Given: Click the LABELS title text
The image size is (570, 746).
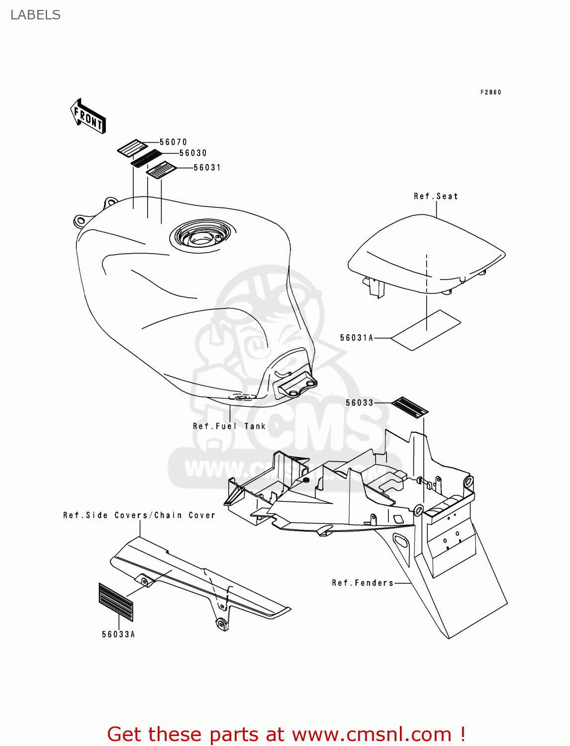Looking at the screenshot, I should point(35,15).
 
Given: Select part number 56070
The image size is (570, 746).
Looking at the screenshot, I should point(173,142).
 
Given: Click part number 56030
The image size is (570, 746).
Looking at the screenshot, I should point(193,153).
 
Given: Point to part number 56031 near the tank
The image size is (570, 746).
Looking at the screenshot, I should point(207,168).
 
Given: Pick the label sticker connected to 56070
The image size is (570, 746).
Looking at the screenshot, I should point(132,148).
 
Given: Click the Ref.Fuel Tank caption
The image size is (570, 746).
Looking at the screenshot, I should point(229,426).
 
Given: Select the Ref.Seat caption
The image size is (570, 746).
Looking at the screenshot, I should point(436,196).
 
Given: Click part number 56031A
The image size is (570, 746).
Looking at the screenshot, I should point(356,338).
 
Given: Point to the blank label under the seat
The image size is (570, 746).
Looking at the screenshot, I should point(426,330).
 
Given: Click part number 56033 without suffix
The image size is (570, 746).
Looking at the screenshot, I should point(359,403).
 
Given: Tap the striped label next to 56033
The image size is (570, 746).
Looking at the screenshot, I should point(410,407).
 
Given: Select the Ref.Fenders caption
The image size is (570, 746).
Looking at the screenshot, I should point(363,583).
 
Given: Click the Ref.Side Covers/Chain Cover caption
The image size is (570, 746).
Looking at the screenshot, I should point(139,515).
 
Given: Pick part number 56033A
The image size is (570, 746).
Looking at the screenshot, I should point(118,635).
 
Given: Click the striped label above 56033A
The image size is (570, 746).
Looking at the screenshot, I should point(116,602).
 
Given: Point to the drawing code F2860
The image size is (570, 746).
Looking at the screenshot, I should point(491,93).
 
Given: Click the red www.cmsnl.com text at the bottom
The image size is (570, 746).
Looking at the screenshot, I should point(371,734).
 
